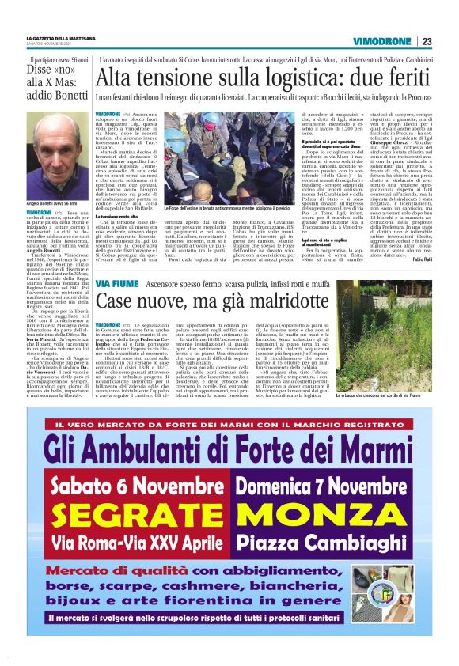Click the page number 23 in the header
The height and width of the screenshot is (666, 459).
point(427,41)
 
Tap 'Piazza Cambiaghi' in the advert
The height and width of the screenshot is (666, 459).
point(330,545)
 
